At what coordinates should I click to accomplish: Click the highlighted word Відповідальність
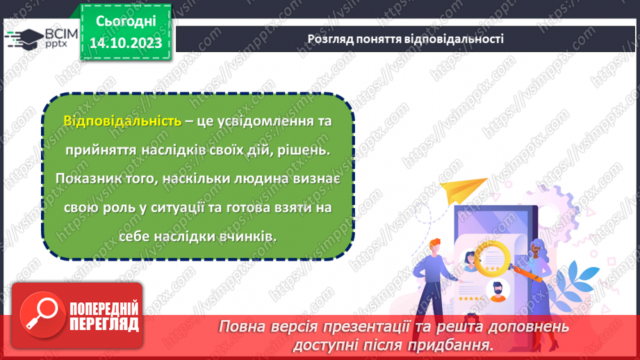tap(122, 121)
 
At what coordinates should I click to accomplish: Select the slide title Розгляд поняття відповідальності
tap(405, 39)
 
